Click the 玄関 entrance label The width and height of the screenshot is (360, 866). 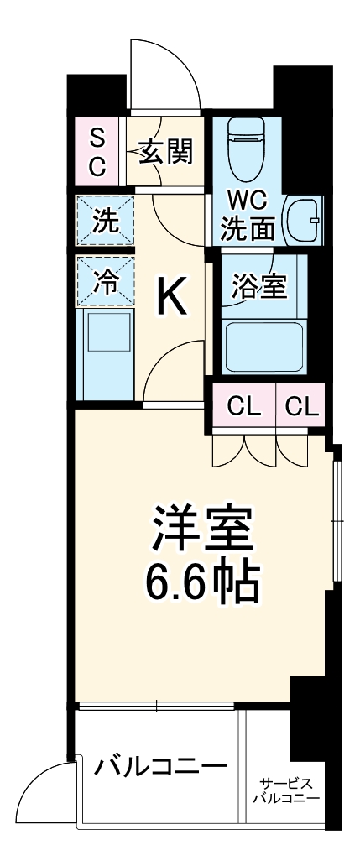click(x=166, y=152)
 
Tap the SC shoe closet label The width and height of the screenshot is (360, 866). click(x=97, y=152)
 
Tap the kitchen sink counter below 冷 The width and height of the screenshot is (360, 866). click(x=106, y=344)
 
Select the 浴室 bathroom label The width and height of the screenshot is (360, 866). click(x=259, y=286)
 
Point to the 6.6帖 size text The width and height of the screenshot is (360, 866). click(x=200, y=579)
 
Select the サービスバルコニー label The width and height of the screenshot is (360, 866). click(x=285, y=790)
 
